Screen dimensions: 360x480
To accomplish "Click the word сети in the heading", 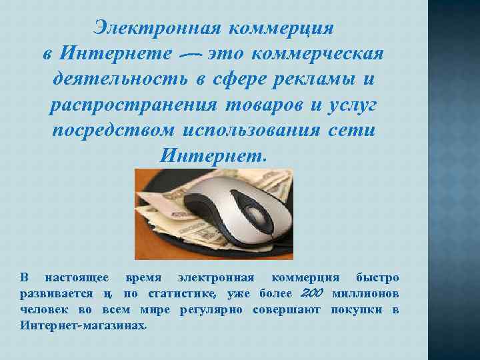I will point(353,130).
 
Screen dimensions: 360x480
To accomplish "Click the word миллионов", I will point(365,294).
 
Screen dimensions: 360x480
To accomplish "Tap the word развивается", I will point(57,294).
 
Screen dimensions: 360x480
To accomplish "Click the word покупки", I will point(357,310).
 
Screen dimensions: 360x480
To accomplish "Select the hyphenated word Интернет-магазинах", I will point(81,326).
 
